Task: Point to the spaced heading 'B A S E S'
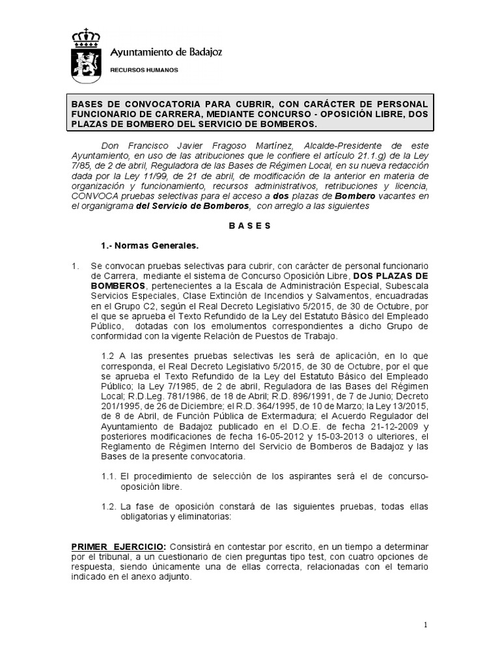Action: [x=251, y=226]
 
